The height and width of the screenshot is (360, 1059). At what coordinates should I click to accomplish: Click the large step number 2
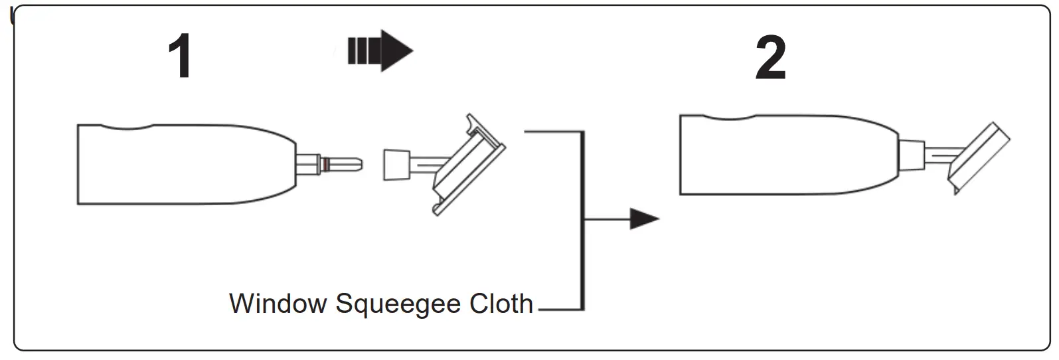click(770, 58)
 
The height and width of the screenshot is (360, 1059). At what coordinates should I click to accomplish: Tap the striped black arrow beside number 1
click(380, 50)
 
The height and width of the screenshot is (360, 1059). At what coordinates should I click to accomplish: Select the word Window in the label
click(278, 304)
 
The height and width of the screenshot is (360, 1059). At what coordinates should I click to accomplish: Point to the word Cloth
click(501, 304)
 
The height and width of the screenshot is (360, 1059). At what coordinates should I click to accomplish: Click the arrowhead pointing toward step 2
click(643, 219)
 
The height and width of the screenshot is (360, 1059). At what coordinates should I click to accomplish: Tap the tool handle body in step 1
click(186, 164)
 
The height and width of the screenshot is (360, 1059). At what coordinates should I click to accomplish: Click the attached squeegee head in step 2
click(979, 157)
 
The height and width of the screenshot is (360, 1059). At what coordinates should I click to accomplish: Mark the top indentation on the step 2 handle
click(729, 118)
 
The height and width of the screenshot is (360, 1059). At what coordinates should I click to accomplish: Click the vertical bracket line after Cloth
click(582, 219)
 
